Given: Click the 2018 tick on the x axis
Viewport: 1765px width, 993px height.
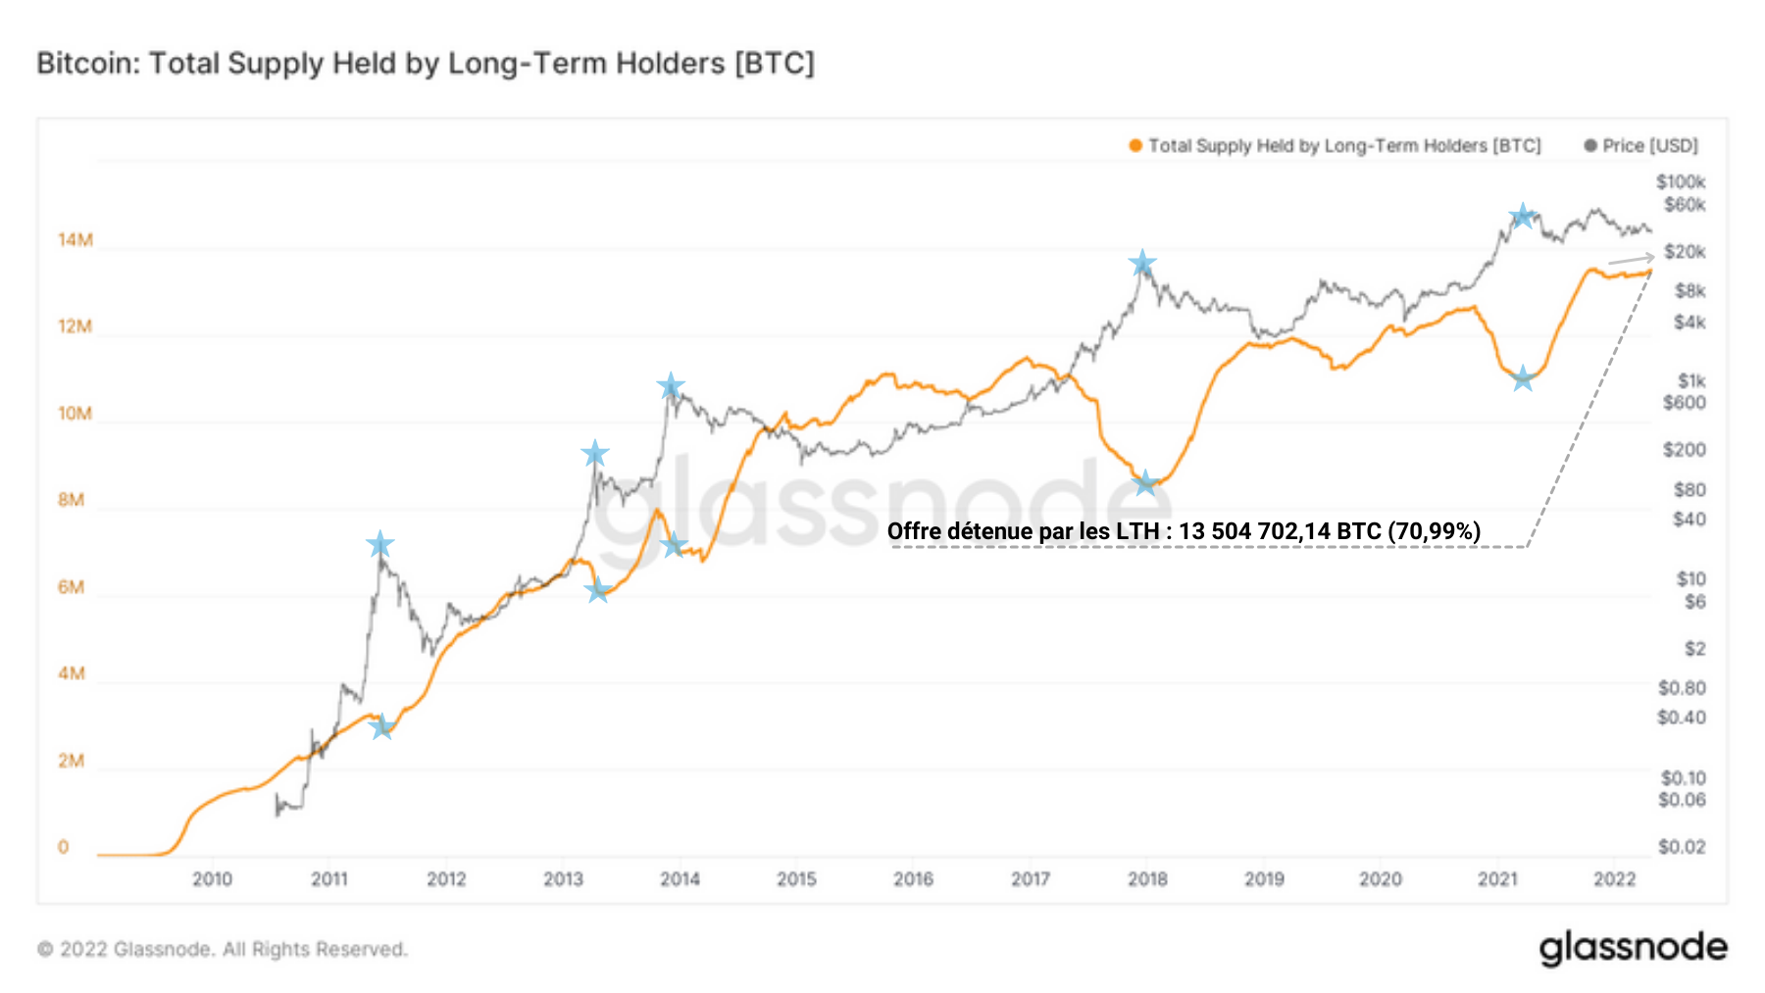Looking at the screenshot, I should click(x=1147, y=879).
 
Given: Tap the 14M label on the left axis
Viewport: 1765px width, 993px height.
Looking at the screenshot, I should click(x=75, y=240).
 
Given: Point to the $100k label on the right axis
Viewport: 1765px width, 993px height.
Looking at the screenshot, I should click(x=1681, y=182).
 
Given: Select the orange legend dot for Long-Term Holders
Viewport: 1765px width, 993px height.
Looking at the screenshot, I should click(x=1135, y=146).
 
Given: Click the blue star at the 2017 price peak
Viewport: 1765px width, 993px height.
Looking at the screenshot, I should click(x=1141, y=263).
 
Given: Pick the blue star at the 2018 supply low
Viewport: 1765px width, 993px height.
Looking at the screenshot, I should click(x=1145, y=482).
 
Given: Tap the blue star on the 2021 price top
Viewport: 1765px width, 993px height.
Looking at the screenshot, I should click(x=1522, y=216).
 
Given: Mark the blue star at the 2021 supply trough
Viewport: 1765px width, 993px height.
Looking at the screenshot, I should click(x=1522, y=378).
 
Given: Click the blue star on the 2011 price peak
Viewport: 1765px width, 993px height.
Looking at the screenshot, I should click(x=379, y=544).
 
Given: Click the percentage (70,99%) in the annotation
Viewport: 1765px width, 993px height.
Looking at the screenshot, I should click(x=1434, y=531).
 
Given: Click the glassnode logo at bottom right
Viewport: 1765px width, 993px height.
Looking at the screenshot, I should click(x=1633, y=948).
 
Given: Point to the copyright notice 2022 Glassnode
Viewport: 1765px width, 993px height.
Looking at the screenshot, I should click(x=223, y=949).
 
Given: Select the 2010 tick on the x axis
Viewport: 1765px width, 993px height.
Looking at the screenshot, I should click(x=212, y=879).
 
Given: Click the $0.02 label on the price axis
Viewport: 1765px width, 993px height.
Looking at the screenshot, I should click(x=1681, y=847).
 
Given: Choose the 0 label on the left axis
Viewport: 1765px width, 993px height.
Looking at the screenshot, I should click(x=64, y=847).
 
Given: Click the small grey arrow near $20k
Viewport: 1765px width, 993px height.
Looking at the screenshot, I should click(x=1631, y=260).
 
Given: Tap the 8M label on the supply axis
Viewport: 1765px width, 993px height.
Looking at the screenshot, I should click(x=71, y=500).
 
